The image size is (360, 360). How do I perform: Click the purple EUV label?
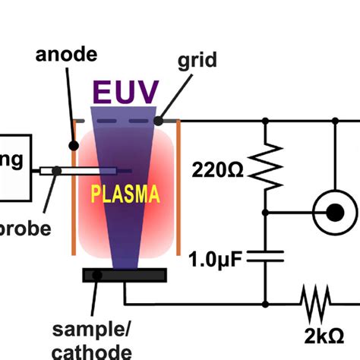coord(126,93)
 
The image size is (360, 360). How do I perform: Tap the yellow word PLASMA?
coord(126,194)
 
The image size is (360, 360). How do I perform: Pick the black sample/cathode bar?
coord(125,275)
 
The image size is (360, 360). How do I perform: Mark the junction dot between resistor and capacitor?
coord(265,212)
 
